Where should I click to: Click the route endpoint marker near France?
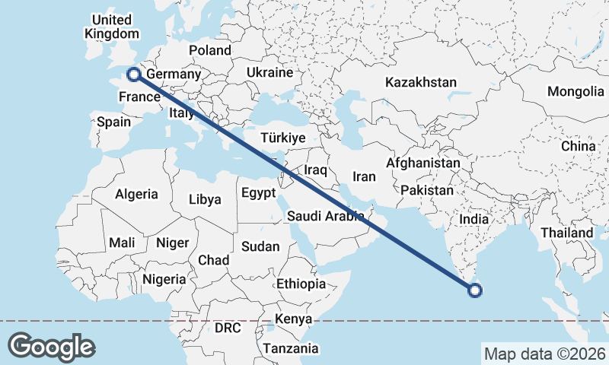pyautogui.click(x=133, y=75)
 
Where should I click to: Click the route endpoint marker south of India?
pyautogui.click(x=475, y=290)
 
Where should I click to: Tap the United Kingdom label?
pyautogui.click(x=112, y=27)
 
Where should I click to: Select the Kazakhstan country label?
pyautogui.click(x=421, y=82)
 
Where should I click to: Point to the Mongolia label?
pyautogui.click(x=575, y=92)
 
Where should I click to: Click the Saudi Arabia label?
pyautogui.click(x=326, y=217)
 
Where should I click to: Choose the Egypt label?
pyautogui.click(x=258, y=193)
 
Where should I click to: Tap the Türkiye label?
pyautogui.click(x=282, y=138)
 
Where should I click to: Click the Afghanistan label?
pyautogui.click(x=423, y=163)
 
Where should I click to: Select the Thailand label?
pyautogui.click(x=566, y=232)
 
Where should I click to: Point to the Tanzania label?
pyautogui.click(x=290, y=349)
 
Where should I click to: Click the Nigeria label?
pyautogui.click(x=164, y=279)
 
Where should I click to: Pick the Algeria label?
pyautogui.click(x=137, y=194)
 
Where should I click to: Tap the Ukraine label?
pyautogui.click(x=269, y=73)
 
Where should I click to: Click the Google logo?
pyautogui.click(x=51, y=346)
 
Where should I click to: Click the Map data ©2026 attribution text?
pyautogui.click(x=544, y=354)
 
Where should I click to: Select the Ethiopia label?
pyautogui.click(x=301, y=284)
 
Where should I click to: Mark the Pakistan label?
pyautogui.click(x=426, y=190)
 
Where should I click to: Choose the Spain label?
pyautogui.click(x=113, y=121)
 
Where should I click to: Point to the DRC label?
pyautogui.click(x=227, y=328)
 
